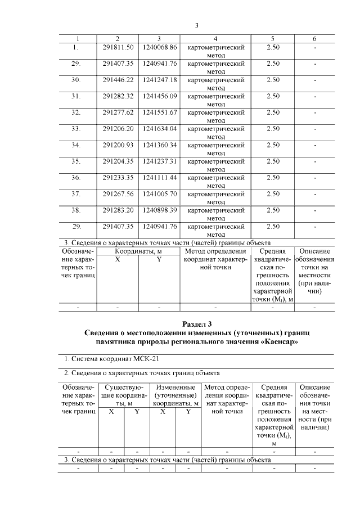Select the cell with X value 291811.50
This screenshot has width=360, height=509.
point(118,47)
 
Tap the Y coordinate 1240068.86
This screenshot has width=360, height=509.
point(160,47)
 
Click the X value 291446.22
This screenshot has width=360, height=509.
point(118,80)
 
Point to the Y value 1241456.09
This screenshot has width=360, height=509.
point(160,96)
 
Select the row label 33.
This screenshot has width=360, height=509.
point(76,129)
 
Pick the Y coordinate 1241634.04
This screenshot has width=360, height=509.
point(160,129)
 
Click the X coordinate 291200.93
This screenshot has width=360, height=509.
point(118,145)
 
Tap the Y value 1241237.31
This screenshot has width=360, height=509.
point(160,161)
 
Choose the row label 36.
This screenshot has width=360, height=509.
point(76,178)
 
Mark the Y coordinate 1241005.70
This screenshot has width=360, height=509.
point(160,194)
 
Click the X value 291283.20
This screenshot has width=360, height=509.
point(118,210)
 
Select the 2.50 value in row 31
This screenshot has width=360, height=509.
point(273,96)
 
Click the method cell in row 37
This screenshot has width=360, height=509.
point(216,197)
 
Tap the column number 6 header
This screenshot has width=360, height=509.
point(314,39)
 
